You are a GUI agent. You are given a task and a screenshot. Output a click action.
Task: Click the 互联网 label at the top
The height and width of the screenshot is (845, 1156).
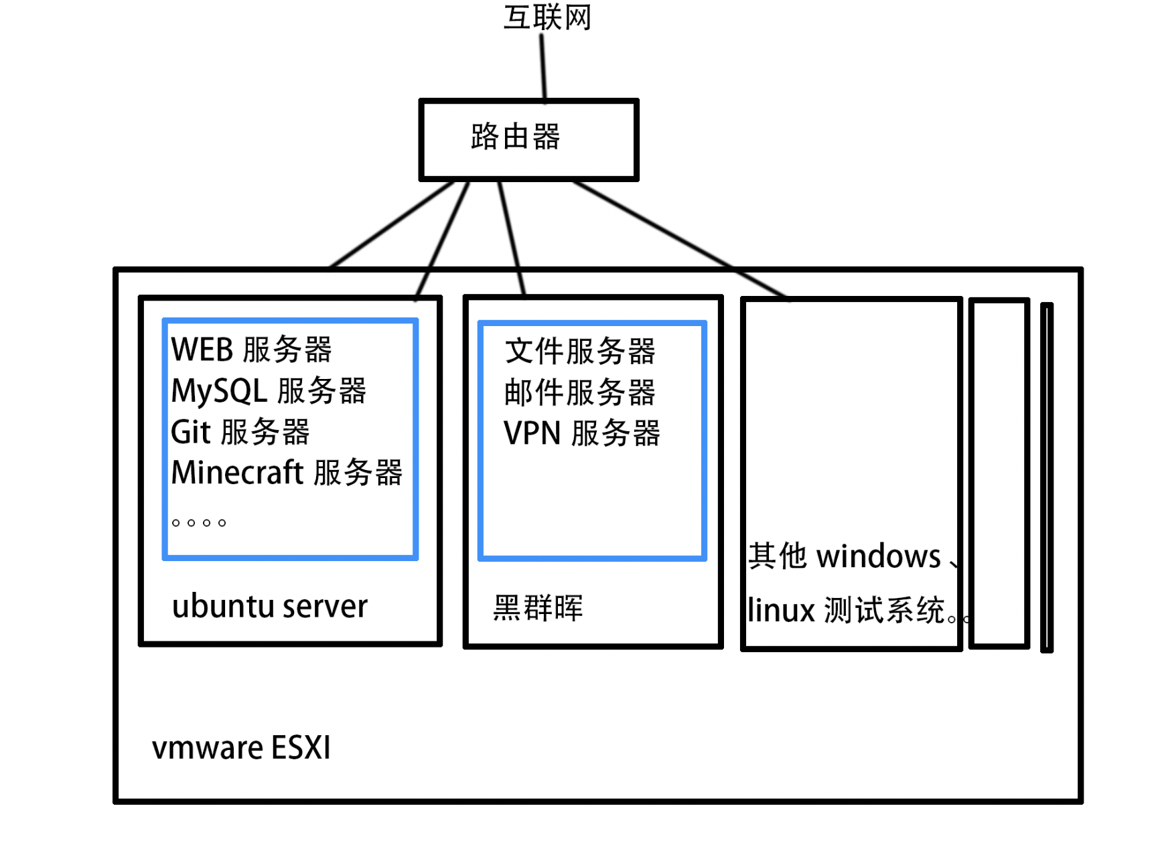tap(547, 17)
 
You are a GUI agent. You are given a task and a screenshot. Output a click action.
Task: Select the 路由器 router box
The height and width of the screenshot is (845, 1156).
tap(528, 139)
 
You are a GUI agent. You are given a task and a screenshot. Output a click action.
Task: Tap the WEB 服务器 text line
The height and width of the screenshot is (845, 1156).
tap(251, 350)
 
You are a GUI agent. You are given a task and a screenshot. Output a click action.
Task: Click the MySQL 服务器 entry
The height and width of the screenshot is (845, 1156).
tap(269, 391)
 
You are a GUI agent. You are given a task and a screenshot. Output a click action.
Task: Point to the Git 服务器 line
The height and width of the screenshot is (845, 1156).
tap(240, 432)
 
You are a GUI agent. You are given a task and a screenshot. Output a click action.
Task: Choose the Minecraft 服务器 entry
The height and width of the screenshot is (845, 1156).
tap(287, 473)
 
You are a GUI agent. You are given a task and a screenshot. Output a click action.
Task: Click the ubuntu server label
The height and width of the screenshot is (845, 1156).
tap(269, 607)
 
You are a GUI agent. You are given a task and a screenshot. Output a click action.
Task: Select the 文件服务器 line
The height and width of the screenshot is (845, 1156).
tap(580, 352)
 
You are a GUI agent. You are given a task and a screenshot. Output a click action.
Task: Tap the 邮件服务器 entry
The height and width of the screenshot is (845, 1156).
tap(580, 392)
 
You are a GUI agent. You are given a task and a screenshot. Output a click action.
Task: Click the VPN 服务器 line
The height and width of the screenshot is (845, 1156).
tap(581, 433)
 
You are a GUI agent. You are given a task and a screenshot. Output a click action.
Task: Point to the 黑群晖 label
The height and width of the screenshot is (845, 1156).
tap(538, 608)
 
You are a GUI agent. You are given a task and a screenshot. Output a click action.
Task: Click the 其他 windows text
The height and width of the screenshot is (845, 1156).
tap(845, 557)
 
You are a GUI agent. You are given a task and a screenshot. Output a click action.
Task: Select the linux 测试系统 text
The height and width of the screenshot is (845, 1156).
tap(847, 611)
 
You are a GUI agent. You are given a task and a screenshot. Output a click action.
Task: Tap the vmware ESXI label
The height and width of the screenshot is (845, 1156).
tap(241, 748)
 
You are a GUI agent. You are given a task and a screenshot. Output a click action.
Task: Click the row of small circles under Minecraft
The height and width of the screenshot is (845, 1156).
tap(199, 523)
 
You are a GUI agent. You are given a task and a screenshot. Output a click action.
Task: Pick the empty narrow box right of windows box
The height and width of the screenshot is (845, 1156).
tap(999, 473)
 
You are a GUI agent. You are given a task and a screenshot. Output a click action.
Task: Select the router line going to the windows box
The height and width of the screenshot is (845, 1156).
tap(676, 238)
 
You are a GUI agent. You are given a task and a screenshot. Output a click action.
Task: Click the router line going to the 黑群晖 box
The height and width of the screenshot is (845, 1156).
tap(511, 237)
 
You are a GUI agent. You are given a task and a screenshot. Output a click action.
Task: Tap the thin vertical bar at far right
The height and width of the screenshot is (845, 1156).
tap(1047, 477)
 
